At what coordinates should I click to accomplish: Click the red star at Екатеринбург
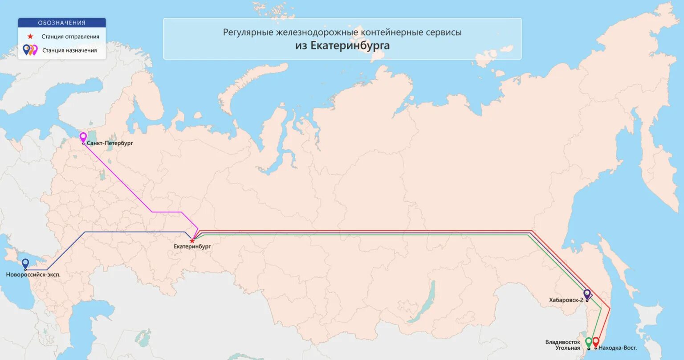tap(192, 241)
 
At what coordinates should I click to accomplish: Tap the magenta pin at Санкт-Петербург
tap(83, 137)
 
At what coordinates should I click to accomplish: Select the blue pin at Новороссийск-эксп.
tap(25, 263)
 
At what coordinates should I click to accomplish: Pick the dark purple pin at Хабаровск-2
tap(587, 294)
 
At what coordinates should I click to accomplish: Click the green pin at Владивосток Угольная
tap(588, 342)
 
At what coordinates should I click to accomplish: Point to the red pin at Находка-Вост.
tap(596, 342)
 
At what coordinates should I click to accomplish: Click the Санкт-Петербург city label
tap(110, 143)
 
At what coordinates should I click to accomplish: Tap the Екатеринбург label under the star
tap(192, 246)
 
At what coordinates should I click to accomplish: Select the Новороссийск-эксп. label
tap(33, 274)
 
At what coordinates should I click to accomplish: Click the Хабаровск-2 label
tap(566, 300)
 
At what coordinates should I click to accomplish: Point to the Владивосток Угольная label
tap(563, 345)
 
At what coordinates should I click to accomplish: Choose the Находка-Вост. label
tap(618, 348)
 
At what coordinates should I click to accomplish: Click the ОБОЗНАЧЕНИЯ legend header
tap(62, 23)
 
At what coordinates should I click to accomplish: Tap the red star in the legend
tap(30, 37)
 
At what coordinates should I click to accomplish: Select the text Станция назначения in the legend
tap(69, 50)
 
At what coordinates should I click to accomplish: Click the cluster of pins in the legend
tap(30, 49)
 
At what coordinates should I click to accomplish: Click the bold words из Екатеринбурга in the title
tap(342, 45)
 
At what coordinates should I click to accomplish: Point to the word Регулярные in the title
tap(248, 33)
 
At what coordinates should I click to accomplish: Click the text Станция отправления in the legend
tap(70, 37)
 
